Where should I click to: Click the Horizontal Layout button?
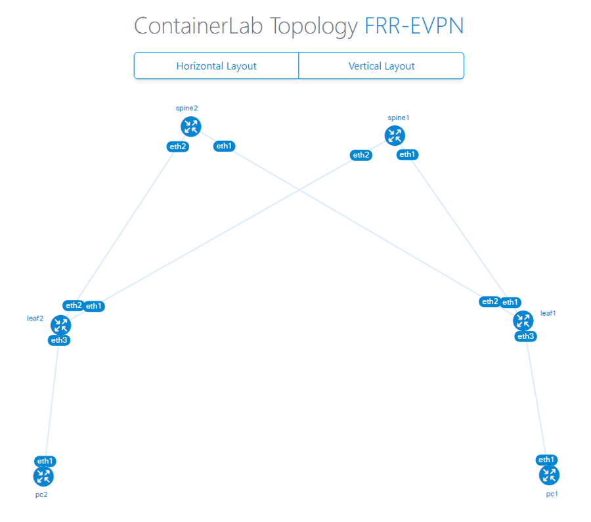(x=216, y=66)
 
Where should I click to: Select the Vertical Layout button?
(x=382, y=66)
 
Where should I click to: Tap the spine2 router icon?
(x=190, y=127)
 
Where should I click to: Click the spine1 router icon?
(x=395, y=136)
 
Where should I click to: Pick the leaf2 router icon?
(x=60, y=325)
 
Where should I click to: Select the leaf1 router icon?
(x=523, y=320)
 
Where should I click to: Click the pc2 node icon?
(x=43, y=477)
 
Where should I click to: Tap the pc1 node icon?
(x=549, y=475)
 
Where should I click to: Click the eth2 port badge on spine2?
(x=178, y=146)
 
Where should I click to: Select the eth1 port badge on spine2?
(x=225, y=146)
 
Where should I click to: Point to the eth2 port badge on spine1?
(x=361, y=155)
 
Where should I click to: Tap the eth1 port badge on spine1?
(x=407, y=154)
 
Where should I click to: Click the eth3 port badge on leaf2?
(x=59, y=340)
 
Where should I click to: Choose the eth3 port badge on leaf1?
(x=526, y=336)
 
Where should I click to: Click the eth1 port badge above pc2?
(x=45, y=461)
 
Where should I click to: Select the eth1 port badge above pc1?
(x=546, y=460)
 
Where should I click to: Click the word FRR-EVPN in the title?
(x=414, y=26)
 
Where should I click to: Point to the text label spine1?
(x=399, y=118)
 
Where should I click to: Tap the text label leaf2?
(x=35, y=318)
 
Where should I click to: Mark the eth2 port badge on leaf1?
(x=490, y=301)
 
